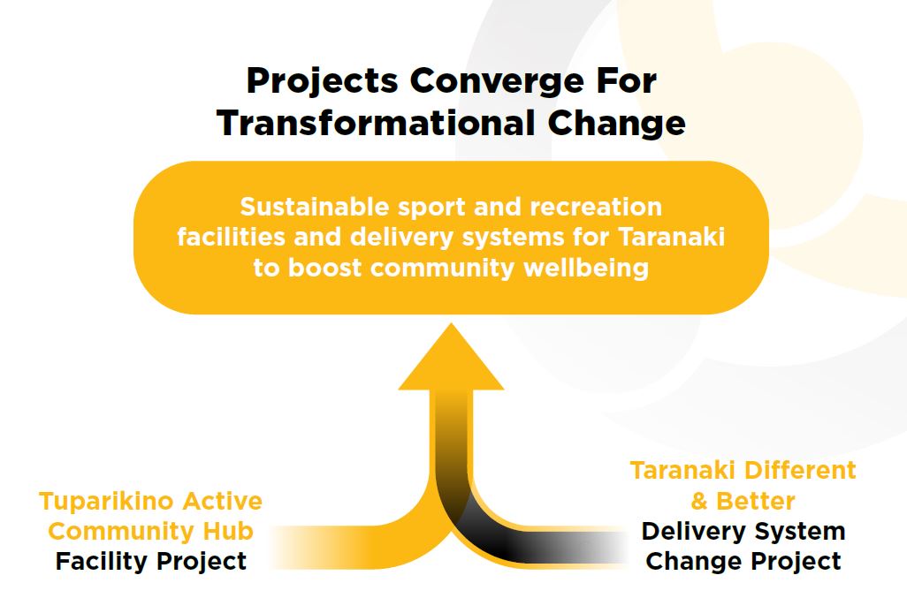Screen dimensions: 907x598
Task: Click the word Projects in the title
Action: tap(322, 81)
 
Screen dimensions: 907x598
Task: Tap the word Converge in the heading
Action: tap(497, 81)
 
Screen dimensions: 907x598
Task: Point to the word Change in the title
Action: tap(617, 124)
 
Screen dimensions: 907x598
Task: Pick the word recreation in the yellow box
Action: tap(596, 207)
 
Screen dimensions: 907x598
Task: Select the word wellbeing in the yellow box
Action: tap(586, 269)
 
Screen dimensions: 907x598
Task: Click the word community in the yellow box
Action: tap(443, 269)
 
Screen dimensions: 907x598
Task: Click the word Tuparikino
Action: tap(93, 502)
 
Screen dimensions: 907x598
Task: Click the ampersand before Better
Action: tap(699, 501)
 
